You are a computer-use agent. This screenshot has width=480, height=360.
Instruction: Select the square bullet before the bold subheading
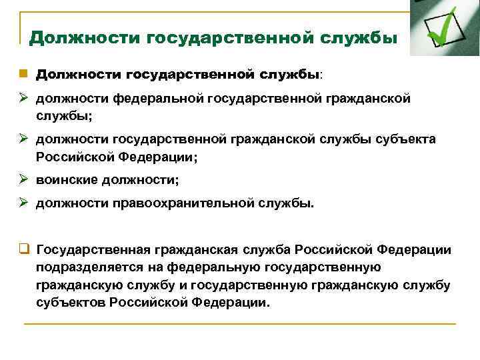(23, 73)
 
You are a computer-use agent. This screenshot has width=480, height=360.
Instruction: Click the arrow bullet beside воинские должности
(23, 180)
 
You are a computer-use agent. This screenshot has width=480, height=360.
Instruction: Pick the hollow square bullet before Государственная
(23, 250)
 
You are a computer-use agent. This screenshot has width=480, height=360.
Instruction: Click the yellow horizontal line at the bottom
(240, 324)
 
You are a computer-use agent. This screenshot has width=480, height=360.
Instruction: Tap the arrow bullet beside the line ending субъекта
(23, 139)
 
